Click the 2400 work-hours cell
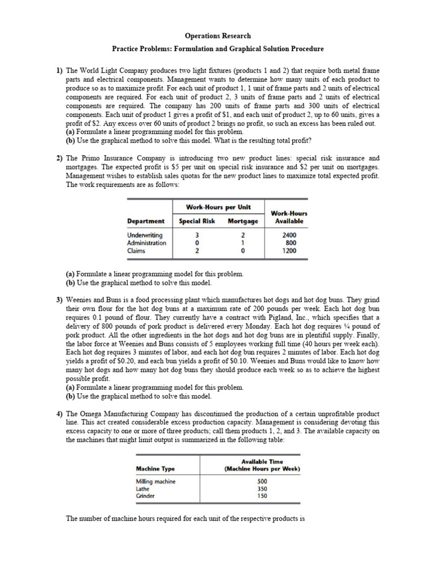click(289, 235)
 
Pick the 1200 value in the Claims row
click(289, 250)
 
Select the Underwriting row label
click(145, 235)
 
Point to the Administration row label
click(147, 243)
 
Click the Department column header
click(146, 221)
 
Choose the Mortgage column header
click(243, 221)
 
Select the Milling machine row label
click(156, 481)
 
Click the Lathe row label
click(142, 488)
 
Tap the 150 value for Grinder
click(262, 496)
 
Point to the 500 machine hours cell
click(262, 481)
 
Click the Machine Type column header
click(156, 468)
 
